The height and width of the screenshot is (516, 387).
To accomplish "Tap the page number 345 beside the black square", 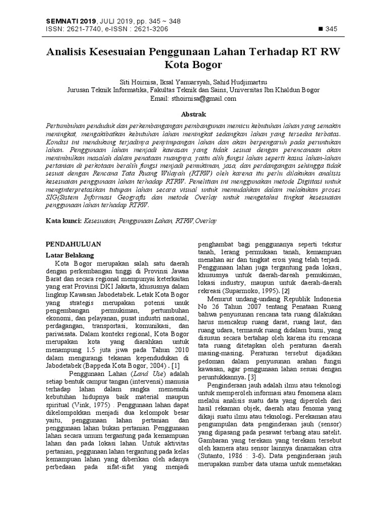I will (x=331, y=29).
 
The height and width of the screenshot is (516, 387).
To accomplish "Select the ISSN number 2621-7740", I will (x=82, y=29).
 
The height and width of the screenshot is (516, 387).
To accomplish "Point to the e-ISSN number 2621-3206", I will (x=151, y=29).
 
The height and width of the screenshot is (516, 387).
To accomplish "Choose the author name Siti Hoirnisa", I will (x=139, y=82).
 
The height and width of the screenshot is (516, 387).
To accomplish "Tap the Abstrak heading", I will (x=193, y=115).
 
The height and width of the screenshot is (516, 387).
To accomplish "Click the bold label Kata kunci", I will (x=63, y=220).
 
